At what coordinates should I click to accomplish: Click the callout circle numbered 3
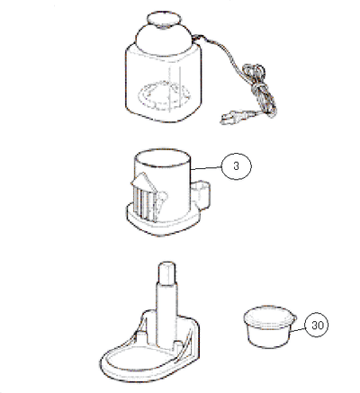pyautogui.click(x=236, y=166)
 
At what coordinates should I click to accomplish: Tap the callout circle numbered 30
pyautogui.click(x=316, y=325)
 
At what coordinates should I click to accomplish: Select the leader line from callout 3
pyautogui.click(x=206, y=169)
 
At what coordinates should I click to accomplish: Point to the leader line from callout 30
pyautogui.click(x=298, y=330)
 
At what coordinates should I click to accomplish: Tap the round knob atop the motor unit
pyautogui.click(x=164, y=21)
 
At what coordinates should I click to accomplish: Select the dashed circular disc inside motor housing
pyautogui.click(x=164, y=95)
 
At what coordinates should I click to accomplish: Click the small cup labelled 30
pyautogui.click(x=270, y=327)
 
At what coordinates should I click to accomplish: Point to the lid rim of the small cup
pyautogui.click(x=270, y=316)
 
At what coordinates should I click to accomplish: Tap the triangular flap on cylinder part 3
pyautogui.click(x=143, y=182)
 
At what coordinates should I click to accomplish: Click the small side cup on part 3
pyautogui.click(x=201, y=194)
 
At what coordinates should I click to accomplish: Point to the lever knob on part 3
pyautogui.click(x=162, y=199)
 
